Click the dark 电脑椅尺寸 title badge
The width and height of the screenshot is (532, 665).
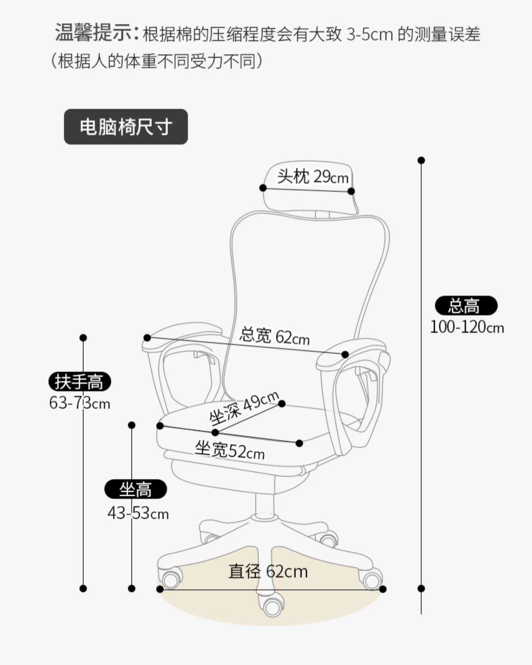(x=126, y=127)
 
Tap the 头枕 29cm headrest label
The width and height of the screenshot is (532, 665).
(x=312, y=176)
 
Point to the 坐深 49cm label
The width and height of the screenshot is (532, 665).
(x=244, y=408)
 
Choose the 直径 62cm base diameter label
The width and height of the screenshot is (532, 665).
(x=268, y=571)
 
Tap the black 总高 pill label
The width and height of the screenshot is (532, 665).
(x=466, y=305)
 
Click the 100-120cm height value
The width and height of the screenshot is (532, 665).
(x=467, y=327)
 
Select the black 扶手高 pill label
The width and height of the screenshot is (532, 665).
(x=79, y=382)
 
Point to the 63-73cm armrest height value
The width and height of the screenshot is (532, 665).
(x=79, y=403)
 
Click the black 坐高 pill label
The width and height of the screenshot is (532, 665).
(x=135, y=489)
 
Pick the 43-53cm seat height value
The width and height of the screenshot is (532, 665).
(x=138, y=513)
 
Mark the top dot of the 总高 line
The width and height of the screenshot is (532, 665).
(x=421, y=160)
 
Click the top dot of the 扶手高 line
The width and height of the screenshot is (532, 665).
(x=83, y=338)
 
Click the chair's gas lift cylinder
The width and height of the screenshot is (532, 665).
(x=265, y=504)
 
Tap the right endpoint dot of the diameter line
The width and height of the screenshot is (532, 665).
(x=383, y=589)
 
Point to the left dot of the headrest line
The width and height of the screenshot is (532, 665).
(x=263, y=188)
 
